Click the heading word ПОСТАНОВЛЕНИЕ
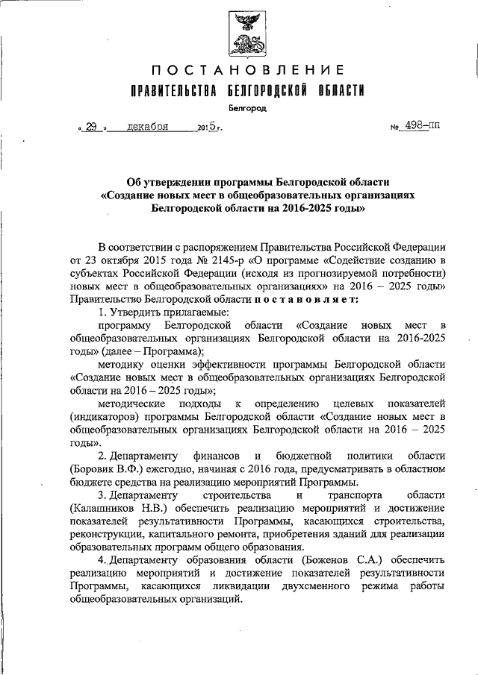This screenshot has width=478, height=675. pos(247,71)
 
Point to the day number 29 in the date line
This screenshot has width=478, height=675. pos(92,127)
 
